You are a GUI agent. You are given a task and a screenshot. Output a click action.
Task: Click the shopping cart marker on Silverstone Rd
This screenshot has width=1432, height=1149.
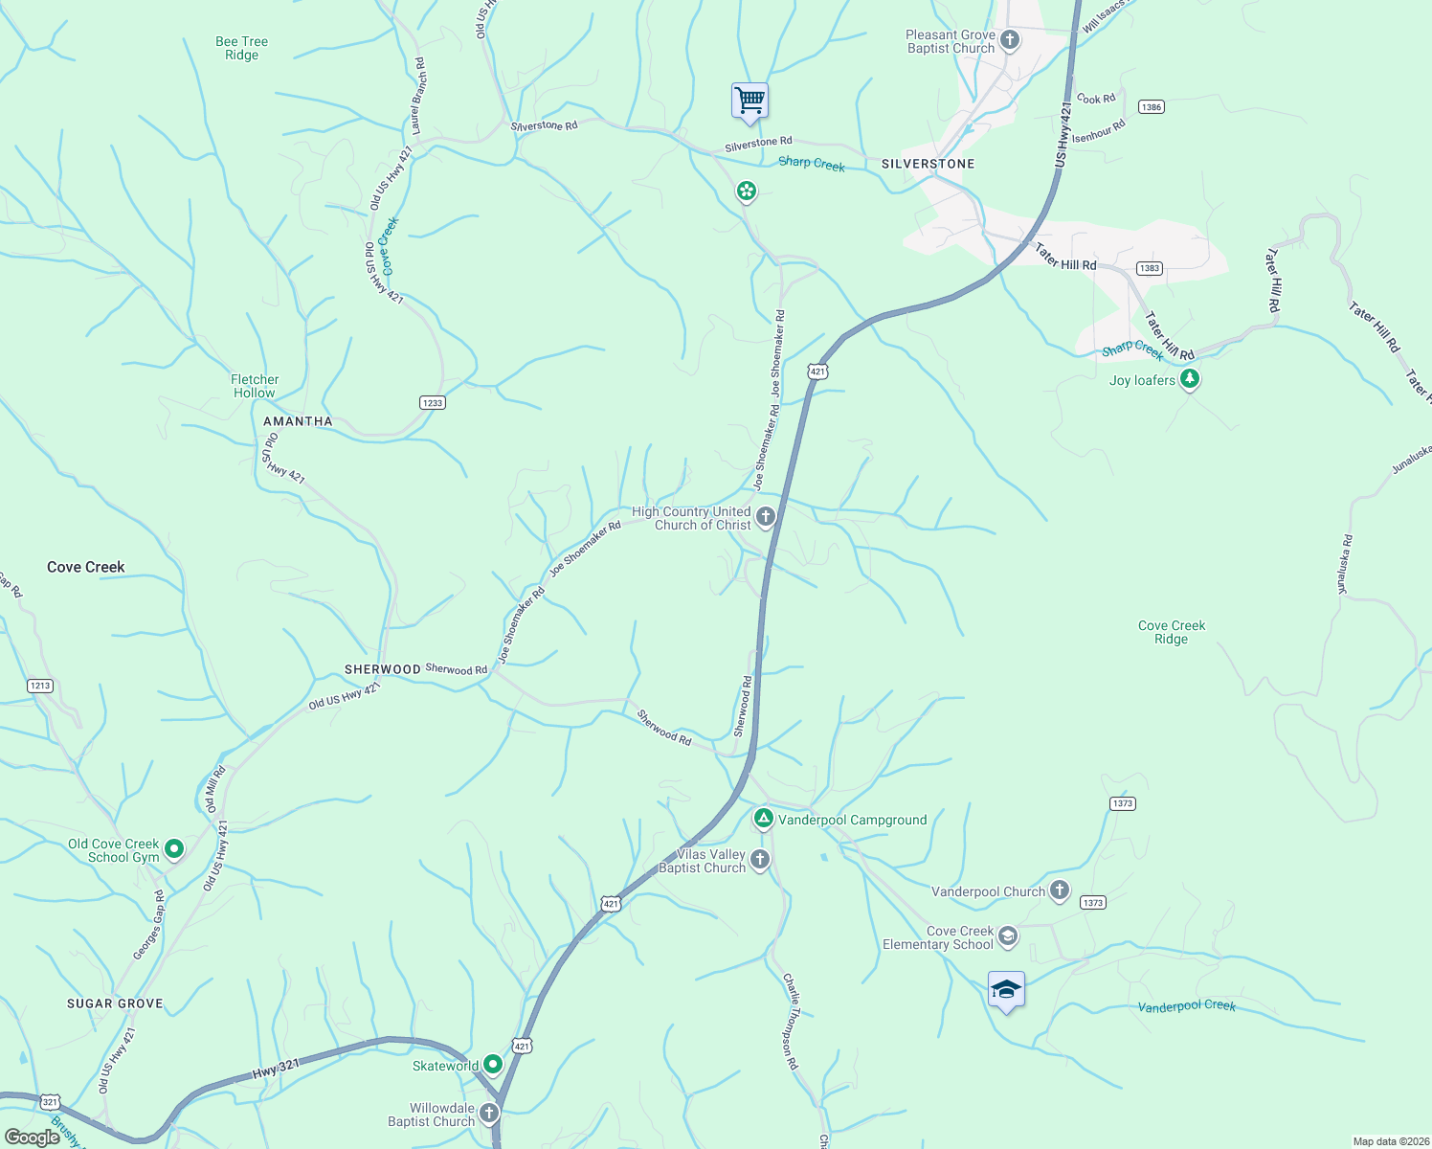(x=750, y=101)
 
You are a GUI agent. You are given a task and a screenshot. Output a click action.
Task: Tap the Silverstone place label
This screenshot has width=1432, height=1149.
(x=928, y=164)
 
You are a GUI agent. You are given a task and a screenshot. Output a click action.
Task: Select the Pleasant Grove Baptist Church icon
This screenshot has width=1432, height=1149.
(x=1010, y=41)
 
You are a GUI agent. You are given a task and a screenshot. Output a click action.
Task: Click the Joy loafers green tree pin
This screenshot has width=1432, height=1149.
(x=1190, y=379)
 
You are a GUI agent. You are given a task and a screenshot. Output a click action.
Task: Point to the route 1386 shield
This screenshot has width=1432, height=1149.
(x=1151, y=106)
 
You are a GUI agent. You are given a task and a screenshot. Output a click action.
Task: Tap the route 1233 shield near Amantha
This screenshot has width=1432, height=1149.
(x=433, y=402)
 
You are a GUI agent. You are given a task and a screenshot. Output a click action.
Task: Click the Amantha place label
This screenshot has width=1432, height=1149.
(x=298, y=421)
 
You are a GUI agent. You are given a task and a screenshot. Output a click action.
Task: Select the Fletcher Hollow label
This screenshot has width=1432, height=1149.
(x=255, y=386)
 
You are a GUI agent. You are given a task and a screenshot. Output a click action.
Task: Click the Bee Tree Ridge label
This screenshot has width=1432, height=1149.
(x=242, y=48)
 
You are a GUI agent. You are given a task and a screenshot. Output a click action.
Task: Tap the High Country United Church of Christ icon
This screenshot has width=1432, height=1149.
(x=765, y=518)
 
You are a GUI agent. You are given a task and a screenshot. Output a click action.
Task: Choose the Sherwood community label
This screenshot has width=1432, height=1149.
(x=383, y=669)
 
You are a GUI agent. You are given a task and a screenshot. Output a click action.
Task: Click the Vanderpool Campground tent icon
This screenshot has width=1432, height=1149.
(x=763, y=819)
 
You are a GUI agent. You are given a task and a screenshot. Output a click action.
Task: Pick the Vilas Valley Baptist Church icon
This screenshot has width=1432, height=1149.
(x=760, y=859)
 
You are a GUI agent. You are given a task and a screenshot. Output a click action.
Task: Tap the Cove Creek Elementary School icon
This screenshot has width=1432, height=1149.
(x=1007, y=935)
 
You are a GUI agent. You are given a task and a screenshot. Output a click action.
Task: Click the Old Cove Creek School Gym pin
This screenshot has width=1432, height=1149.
(x=174, y=848)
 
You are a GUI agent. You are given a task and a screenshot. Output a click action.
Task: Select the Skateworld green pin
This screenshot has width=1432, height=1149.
(x=492, y=1064)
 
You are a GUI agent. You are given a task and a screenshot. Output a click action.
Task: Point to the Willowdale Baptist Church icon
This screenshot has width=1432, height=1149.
(x=489, y=1113)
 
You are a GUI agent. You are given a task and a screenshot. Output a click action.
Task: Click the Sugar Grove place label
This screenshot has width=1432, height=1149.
(x=115, y=1003)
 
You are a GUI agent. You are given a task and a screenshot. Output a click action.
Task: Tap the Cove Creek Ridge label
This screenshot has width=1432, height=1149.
(x=1172, y=632)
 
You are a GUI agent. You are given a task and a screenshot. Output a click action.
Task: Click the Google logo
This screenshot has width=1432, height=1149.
(x=33, y=1137)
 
